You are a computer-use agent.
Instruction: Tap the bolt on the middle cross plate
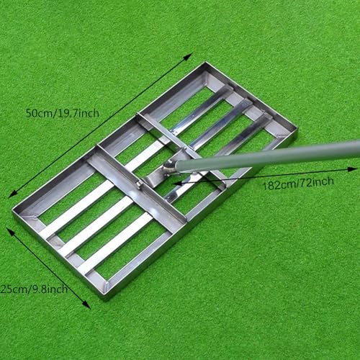pyautogui.click(x=136, y=187)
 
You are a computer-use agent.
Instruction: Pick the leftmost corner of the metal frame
pyautogui.click(x=13, y=211)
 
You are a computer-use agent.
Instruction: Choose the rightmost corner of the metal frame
pyautogui.click(x=297, y=131)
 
